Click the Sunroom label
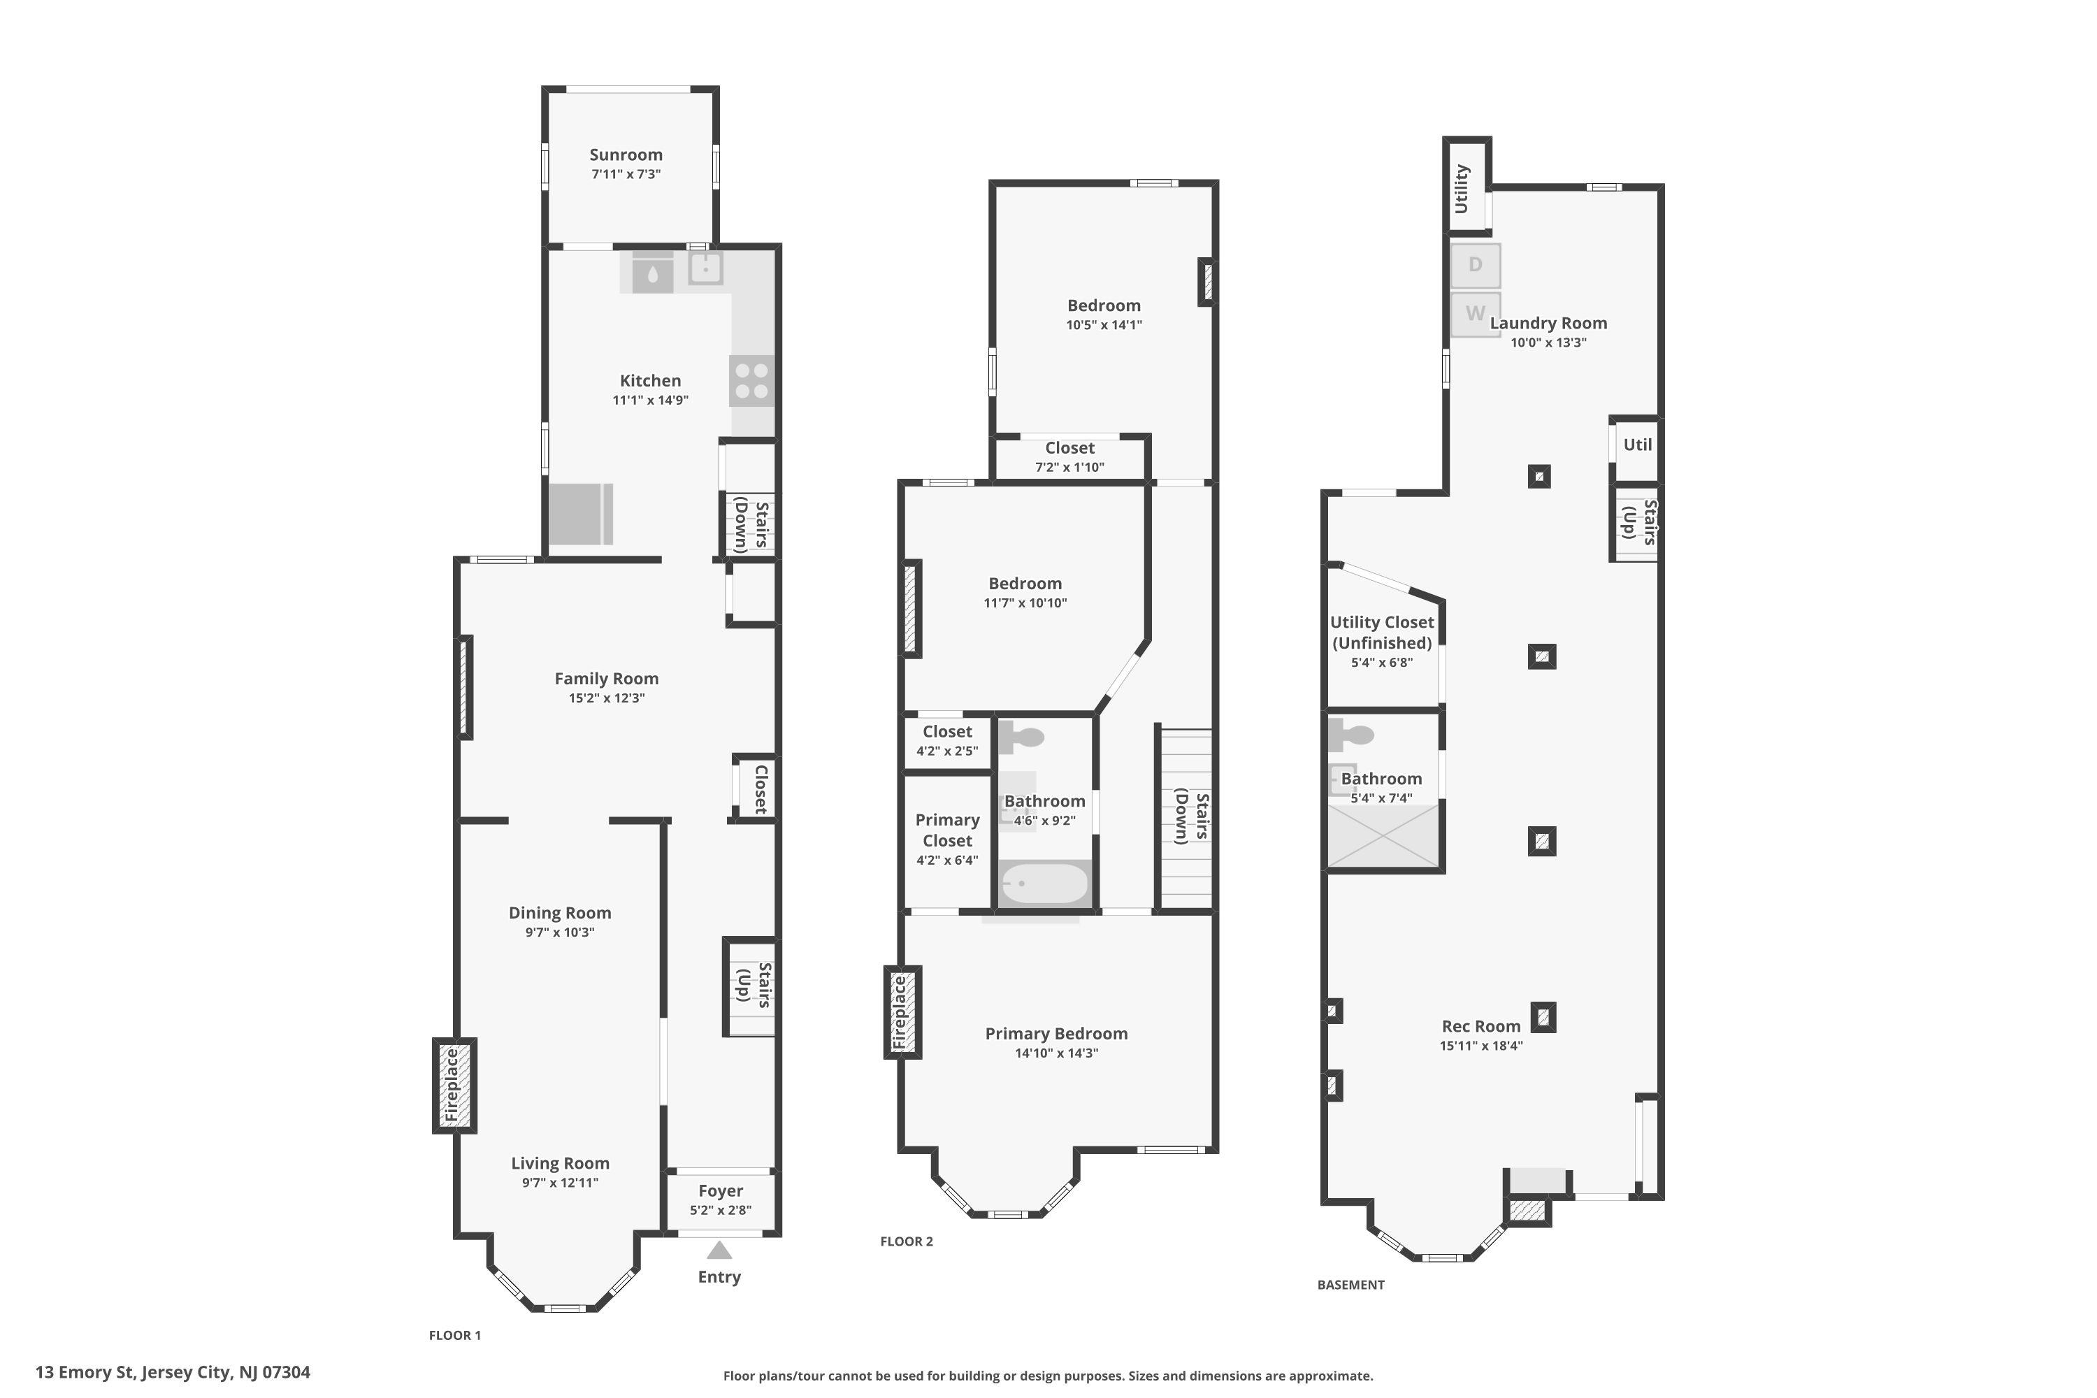click(626, 154)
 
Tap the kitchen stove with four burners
click(751, 381)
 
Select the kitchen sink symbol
click(705, 268)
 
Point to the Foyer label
click(721, 1191)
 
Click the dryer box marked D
click(1476, 265)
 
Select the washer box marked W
click(1476, 314)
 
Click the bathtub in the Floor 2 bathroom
click(1044, 884)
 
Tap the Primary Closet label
click(947, 830)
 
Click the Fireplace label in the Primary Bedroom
click(900, 1012)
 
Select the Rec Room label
click(1481, 1026)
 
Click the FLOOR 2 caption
click(907, 1241)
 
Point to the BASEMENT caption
click(1350, 1285)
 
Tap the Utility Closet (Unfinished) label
click(1382, 632)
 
